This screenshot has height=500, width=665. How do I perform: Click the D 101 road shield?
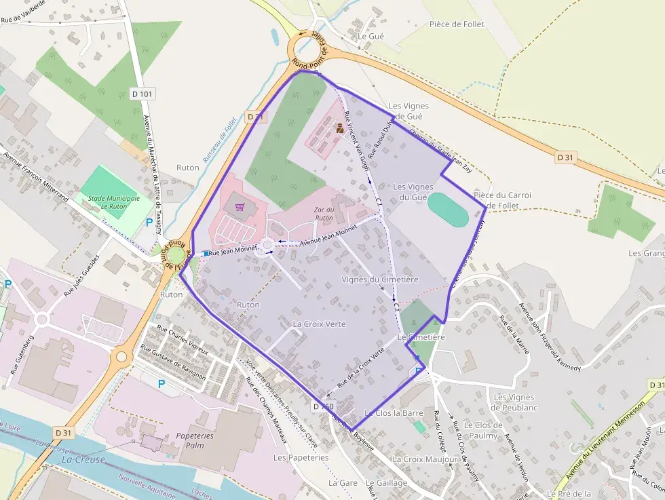(x=141, y=93)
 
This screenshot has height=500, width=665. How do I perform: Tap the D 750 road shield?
(x=324, y=406)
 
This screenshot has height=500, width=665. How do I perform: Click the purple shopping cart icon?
(x=239, y=206)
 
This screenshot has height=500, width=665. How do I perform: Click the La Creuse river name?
(x=83, y=459)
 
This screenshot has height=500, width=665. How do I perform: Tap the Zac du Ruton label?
(x=324, y=214)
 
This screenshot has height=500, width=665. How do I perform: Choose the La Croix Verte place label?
(x=319, y=324)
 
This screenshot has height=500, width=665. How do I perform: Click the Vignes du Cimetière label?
(x=380, y=280)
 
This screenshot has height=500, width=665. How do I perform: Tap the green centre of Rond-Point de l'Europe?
(x=176, y=256)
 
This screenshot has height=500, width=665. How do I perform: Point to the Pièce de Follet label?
(x=457, y=24)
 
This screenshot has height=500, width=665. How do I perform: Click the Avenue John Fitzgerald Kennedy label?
(x=550, y=337)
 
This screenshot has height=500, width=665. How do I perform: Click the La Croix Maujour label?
(x=425, y=459)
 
